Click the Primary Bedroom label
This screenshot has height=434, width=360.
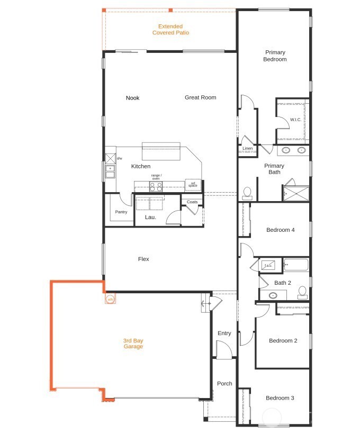click(275, 56)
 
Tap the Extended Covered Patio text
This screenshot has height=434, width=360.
click(170, 30)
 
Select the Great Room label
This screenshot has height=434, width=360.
click(200, 97)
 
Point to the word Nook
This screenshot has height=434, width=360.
click(132, 98)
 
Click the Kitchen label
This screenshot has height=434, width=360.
click(141, 166)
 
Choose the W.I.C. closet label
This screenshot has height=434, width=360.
click(295, 120)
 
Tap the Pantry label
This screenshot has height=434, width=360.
click(121, 212)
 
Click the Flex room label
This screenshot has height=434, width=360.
click(143, 259)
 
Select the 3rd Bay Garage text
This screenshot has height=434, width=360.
click(133, 343)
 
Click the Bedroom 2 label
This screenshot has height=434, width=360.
click(283, 341)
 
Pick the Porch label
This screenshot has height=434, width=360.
click(224, 384)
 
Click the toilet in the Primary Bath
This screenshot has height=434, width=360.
click(247, 193)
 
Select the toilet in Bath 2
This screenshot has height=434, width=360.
click(302, 291)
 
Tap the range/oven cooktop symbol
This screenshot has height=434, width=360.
click(156, 186)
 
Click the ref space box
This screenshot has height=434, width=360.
click(193, 185)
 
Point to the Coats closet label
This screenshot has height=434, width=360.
click(192, 202)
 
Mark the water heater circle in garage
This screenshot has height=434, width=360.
click(110, 300)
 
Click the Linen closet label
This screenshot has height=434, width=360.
click(247, 149)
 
